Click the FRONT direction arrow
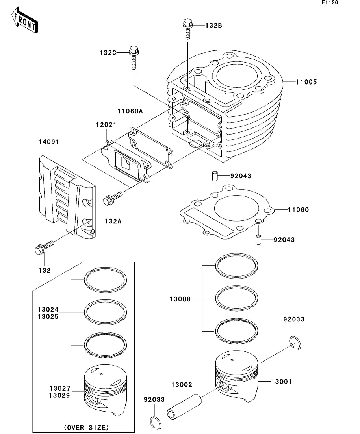(24, 20)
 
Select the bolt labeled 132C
(134, 57)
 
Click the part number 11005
(306, 82)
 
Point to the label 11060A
(130, 111)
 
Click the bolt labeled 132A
(113, 198)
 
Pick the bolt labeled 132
(44, 248)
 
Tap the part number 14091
(48, 142)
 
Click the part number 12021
(106, 125)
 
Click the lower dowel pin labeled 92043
(258, 239)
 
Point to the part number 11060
(298, 210)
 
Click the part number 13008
(180, 299)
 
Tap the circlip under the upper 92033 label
(295, 343)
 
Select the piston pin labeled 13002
(185, 406)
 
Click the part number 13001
(281, 382)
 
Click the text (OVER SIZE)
(86, 427)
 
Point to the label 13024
(48, 309)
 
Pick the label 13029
(59, 395)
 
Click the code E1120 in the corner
(330, 2)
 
